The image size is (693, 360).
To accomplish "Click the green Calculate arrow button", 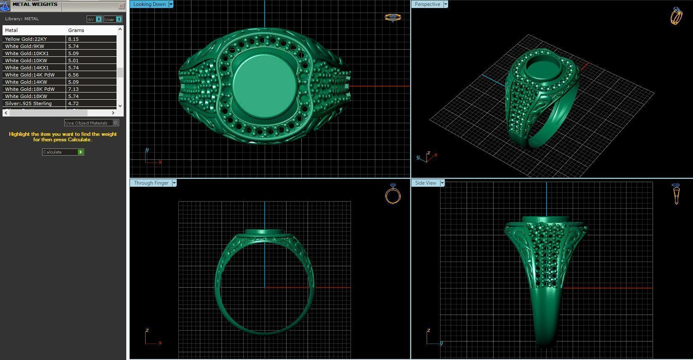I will (80, 152).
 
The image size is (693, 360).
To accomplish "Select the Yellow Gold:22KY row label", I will (26, 39).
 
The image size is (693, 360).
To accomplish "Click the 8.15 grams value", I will (74, 39).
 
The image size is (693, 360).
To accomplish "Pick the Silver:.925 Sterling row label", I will (28, 103).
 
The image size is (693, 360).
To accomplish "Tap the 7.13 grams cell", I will (74, 89).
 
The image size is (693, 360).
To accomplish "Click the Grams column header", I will (76, 30).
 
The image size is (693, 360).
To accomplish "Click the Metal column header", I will (11, 30).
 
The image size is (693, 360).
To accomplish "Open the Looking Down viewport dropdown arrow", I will (171, 4).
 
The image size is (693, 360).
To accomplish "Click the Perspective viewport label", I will (427, 4).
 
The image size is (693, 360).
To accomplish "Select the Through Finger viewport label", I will (151, 183).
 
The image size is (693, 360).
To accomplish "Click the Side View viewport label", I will (425, 183).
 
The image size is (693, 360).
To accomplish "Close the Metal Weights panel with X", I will (121, 6).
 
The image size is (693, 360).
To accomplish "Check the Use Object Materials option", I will (116, 123).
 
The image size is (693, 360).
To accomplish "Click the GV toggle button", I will (94, 19).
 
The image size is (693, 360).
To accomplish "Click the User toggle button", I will (113, 19).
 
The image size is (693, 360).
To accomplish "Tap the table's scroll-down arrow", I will (120, 106).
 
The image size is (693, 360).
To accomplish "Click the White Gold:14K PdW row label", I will (29, 75).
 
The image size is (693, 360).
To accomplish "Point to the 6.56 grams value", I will (74, 75).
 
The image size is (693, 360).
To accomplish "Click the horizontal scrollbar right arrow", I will (113, 113).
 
